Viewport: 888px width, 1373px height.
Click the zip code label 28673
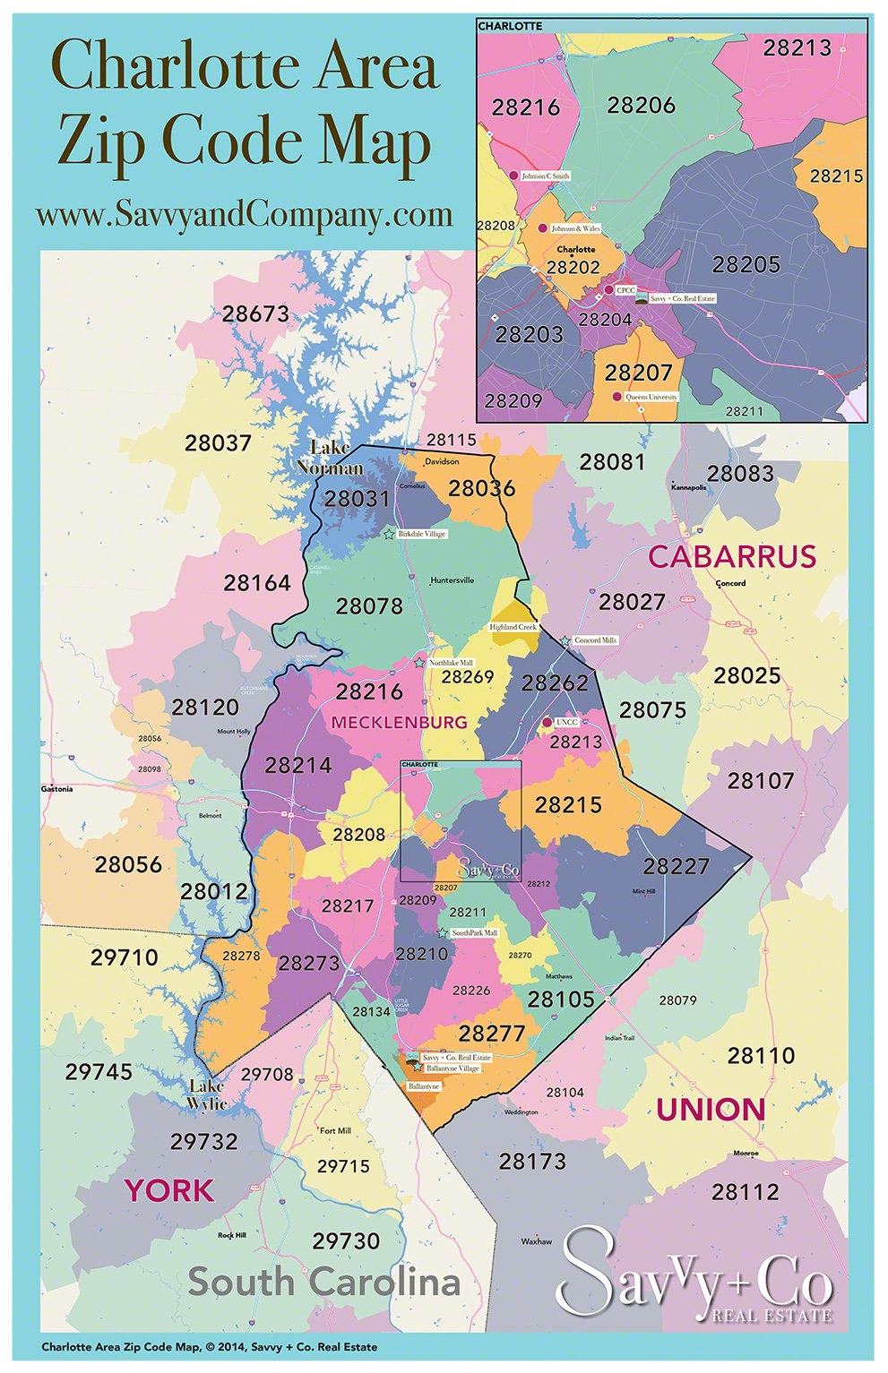[x=255, y=314]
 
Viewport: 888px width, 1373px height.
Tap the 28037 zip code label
[x=218, y=443]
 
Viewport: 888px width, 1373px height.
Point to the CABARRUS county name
[x=732, y=557]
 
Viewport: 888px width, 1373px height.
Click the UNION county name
[x=711, y=1111]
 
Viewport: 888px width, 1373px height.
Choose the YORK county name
[x=169, y=1191]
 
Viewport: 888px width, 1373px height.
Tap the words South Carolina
[x=324, y=1283]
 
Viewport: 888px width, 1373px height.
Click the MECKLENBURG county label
[x=400, y=722]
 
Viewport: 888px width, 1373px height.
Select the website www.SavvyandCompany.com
[x=244, y=215]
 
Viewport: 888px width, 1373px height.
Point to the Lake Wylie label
[x=207, y=1095]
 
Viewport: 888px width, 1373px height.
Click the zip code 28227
[x=676, y=867]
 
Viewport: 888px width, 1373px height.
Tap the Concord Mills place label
[x=596, y=640]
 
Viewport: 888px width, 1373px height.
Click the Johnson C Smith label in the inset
[x=545, y=176]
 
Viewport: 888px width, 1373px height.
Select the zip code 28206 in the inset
[x=641, y=106]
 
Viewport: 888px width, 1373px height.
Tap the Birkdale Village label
[x=422, y=534]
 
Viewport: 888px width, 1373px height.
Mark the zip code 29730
[x=346, y=1241]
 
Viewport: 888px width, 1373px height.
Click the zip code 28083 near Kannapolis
[x=740, y=474]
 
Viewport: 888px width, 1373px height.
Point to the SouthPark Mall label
[x=474, y=933]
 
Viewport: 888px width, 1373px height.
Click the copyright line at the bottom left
[x=209, y=1347]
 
